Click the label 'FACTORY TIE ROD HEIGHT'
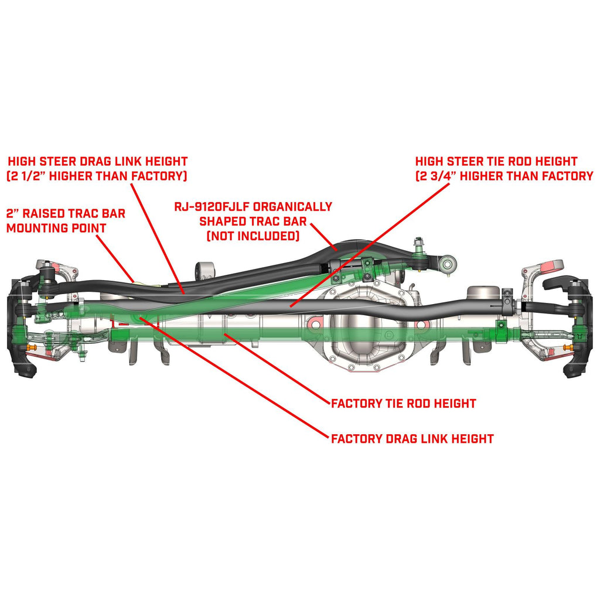(x=403, y=404)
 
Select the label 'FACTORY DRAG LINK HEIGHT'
(x=412, y=438)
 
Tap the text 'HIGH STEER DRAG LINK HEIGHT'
(x=97, y=161)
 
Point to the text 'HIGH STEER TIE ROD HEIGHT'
(x=496, y=161)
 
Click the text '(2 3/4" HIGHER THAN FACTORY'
(x=504, y=175)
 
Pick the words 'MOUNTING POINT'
(x=56, y=227)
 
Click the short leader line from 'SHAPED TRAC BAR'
(x=323, y=237)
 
